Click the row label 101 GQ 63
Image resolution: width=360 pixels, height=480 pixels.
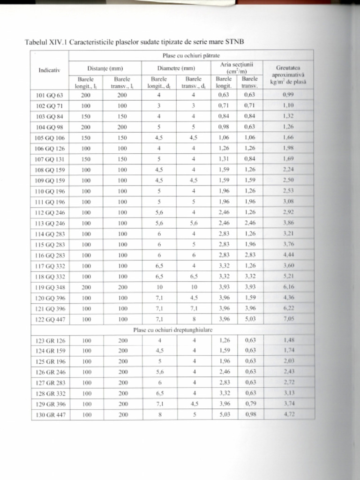[49, 95]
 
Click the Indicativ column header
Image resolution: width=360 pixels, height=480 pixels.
[49, 71]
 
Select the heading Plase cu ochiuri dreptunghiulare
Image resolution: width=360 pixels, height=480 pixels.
[172, 330]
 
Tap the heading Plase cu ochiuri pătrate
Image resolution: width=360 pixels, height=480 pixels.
[191, 56]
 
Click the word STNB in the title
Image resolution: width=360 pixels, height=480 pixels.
[235, 42]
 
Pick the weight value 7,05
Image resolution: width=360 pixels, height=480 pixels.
[289, 320]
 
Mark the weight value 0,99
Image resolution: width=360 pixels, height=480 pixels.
[288, 95]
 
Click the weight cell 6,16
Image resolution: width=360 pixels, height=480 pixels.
[289, 287]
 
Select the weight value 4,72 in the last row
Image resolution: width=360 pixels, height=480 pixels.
[289, 415]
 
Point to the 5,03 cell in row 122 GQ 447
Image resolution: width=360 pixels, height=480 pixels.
[250, 320]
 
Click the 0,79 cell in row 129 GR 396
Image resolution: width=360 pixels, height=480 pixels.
[250, 404]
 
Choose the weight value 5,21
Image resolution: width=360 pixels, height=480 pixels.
[289, 277]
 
